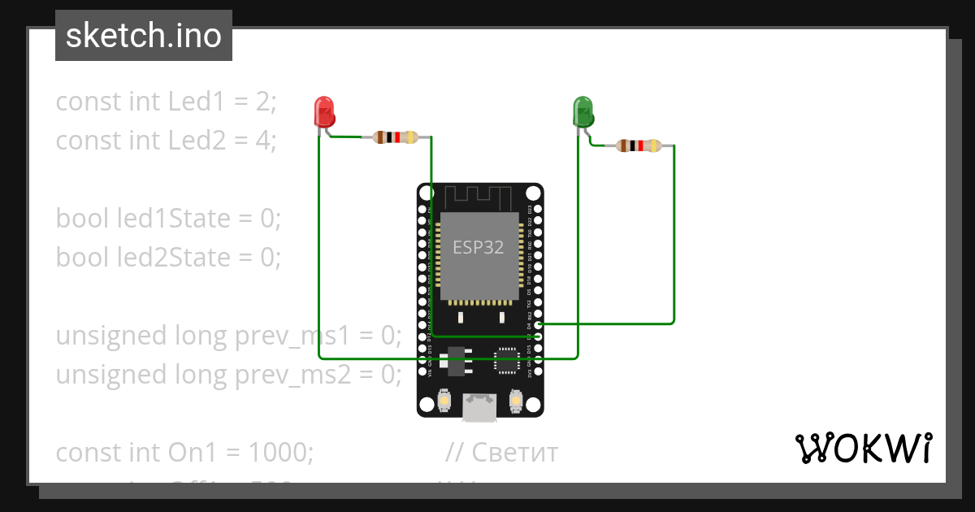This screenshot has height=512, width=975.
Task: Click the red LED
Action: click(324, 111)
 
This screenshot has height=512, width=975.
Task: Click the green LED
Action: click(583, 111)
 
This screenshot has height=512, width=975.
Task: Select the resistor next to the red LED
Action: click(394, 137)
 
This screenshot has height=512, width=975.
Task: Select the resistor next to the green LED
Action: click(638, 146)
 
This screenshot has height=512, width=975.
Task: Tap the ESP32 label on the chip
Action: click(479, 248)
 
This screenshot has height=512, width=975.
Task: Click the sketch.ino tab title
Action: click(143, 36)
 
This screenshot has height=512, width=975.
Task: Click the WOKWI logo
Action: click(863, 448)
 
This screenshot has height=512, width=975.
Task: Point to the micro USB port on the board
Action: click(479, 406)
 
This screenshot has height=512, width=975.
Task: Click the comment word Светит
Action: click(514, 452)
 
